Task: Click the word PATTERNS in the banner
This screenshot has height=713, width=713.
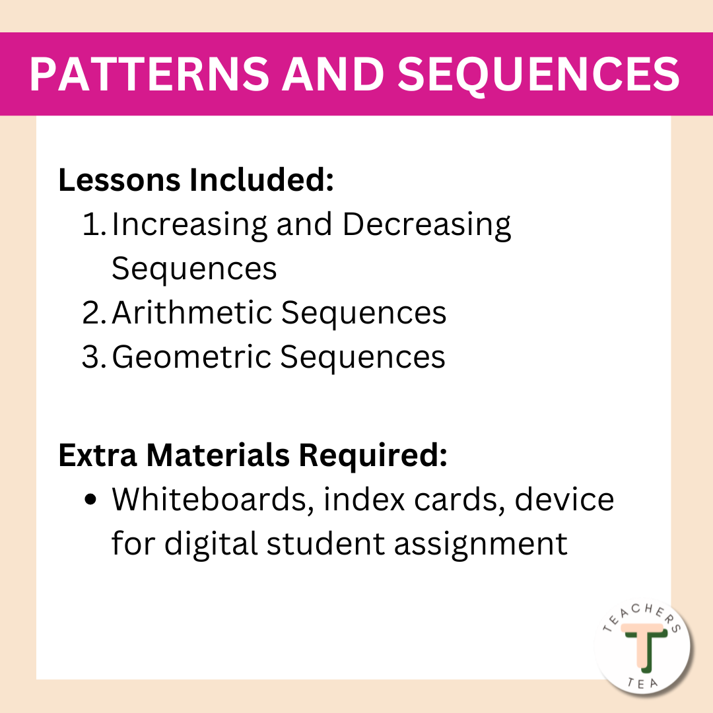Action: click(149, 75)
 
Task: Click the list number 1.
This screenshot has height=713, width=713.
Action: click(94, 225)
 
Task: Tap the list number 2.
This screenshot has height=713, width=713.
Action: click(94, 313)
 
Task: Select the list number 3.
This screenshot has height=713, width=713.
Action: click(94, 357)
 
